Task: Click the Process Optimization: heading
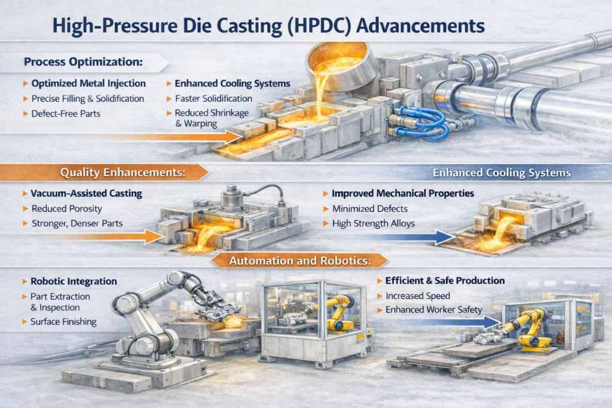(x=83, y=62)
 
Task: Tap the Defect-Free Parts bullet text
(x=66, y=113)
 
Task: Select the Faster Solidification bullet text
(x=213, y=99)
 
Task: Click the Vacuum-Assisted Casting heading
(x=86, y=194)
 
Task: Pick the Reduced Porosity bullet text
(x=67, y=208)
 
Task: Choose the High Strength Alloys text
(x=373, y=223)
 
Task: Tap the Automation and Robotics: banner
(x=300, y=260)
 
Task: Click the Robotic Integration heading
(x=74, y=281)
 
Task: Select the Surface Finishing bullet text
(x=63, y=322)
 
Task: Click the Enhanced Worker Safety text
(x=434, y=309)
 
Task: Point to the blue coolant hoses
(x=418, y=121)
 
